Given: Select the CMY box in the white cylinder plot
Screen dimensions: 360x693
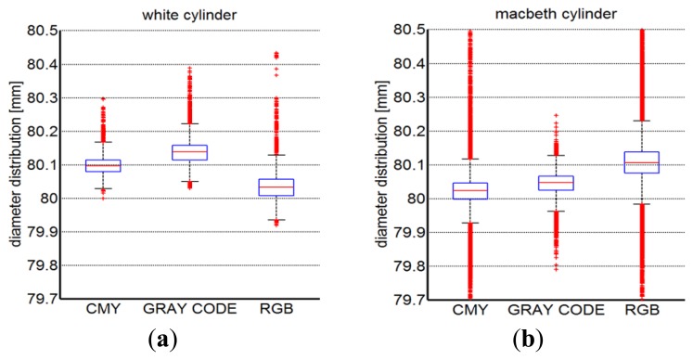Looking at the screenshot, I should click(102, 165).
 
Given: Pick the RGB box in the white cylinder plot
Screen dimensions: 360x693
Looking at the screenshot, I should click(276, 186).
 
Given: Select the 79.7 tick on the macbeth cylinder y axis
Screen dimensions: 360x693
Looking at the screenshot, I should click(391, 299).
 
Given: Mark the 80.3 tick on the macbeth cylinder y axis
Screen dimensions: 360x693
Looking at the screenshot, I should click(391, 97).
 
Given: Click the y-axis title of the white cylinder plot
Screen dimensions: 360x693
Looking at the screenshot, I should click(13, 165).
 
